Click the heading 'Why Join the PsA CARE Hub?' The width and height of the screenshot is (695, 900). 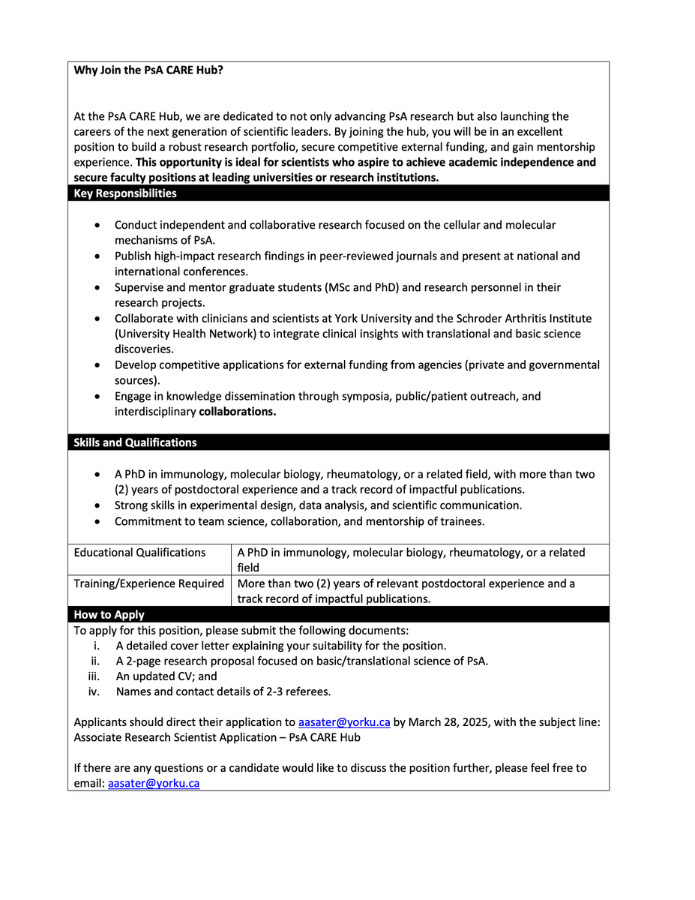148,70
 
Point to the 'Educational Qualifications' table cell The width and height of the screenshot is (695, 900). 139,553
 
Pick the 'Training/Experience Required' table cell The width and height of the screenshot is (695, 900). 148,583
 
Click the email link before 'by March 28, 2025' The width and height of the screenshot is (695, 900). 344,723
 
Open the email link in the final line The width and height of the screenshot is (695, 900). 154,783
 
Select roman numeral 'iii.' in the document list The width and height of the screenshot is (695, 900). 97,676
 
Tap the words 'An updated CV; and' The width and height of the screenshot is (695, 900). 166,676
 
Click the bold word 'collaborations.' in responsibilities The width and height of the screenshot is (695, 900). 238,412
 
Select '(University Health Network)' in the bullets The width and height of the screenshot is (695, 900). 187,334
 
